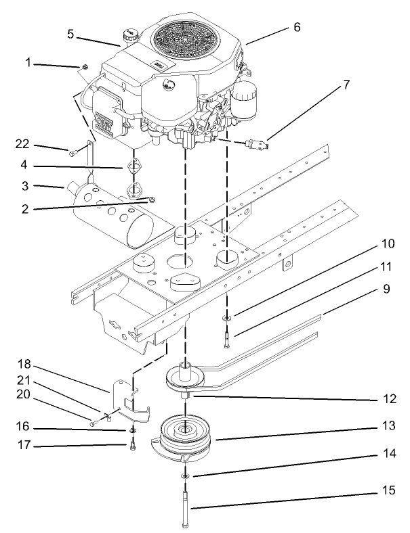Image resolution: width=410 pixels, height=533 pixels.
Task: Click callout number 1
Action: point(28,64)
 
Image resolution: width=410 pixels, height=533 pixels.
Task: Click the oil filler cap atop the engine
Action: point(128,34)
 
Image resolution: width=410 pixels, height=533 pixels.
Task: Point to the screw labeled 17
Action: point(133,444)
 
